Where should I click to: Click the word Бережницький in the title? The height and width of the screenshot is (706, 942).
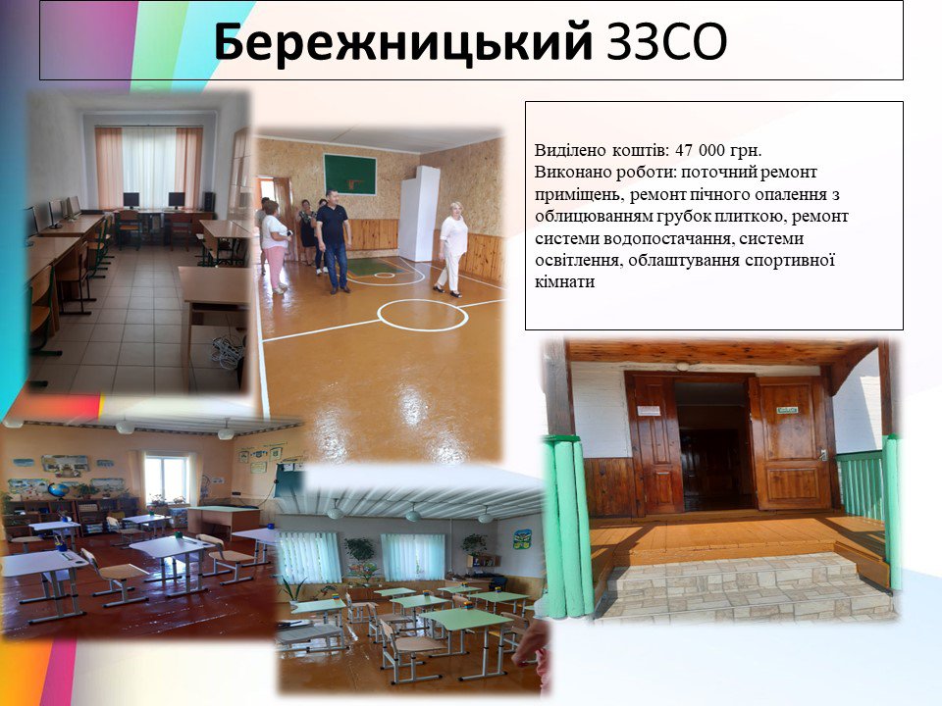coord(403,42)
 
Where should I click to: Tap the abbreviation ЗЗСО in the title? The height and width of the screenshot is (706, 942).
coord(667,42)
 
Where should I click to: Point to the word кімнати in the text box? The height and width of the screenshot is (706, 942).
coord(565,281)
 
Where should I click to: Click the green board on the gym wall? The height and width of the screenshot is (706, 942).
coord(350,175)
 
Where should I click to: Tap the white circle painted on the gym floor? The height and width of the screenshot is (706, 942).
coord(422,315)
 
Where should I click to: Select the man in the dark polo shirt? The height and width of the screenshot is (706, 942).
coord(334,241)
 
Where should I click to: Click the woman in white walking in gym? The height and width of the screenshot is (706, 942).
coord(451,248)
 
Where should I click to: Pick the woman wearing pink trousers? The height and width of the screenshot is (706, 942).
coord(276,246)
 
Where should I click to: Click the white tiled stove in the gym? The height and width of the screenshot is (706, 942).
coord(419,214)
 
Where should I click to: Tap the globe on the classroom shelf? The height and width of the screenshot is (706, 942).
coord(59,490)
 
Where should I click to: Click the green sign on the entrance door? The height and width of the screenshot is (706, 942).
coord(786,410)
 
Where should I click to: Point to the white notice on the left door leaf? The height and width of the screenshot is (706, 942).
coord(649,411)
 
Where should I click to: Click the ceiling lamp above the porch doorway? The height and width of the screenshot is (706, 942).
coord(683,366)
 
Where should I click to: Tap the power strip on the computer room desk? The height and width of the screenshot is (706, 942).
coord(227,351)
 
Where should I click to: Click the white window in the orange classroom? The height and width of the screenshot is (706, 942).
coord(167,479)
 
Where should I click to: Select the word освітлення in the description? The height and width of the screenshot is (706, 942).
coord(578,261)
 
